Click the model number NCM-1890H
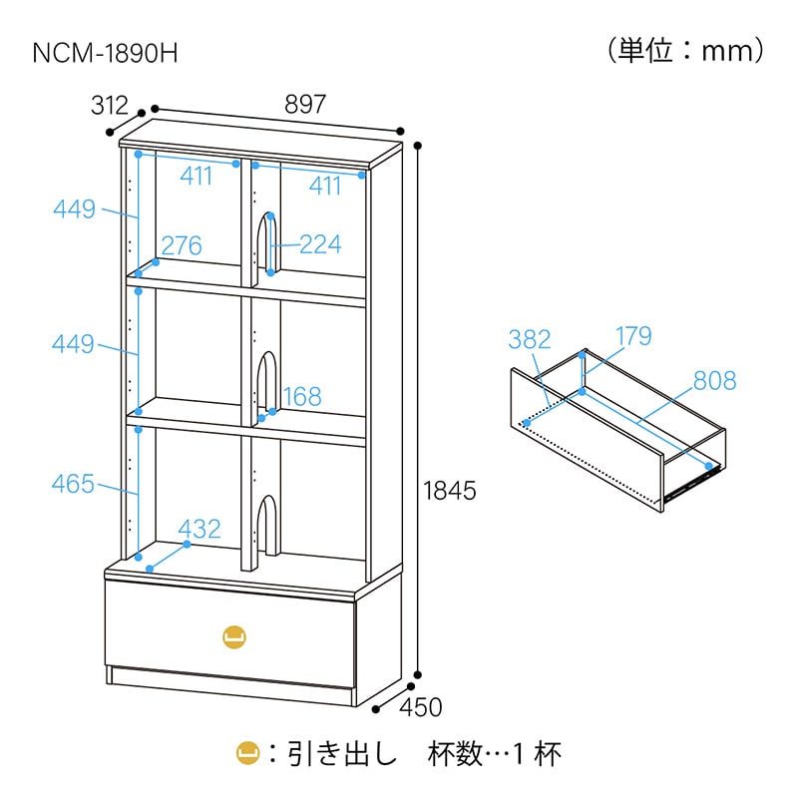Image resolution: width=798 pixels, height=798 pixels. pyautogui.click(x=105, y=53)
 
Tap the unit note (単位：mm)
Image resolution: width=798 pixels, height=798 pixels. pyautogui.click(x=685, y=51)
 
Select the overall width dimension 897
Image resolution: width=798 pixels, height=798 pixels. pyautogui.click(x=305, y=104)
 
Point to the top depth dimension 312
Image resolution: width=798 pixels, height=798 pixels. pyautogui.click(x=110, y=106)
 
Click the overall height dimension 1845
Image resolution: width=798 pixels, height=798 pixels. pyautogui.click(x=450, y=491)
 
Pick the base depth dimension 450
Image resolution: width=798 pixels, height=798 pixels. pyautogui.click(x=420, y=707)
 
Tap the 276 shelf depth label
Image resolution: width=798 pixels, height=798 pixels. pyautogui.click(x=182, y=245)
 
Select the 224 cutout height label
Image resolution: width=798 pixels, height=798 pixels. pyautogui.click(x=320, y=244)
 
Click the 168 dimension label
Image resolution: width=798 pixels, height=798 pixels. pyautogui.click(x=302, y=396)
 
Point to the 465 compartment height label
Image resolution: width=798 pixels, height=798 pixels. pyautogui.click(x=73, y=484)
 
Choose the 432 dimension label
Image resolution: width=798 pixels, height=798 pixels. pyautogui.click(x=199, y=529)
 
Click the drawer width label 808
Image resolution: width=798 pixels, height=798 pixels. pyautogui.click(x=714, y=381)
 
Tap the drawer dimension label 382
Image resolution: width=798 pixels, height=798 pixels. pyautogui.click(x=530, y=339)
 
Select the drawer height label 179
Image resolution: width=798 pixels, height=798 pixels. pyautogui.click(x=633, y=336)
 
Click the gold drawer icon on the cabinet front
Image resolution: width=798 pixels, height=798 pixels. pyautogui.click(x=234, y=636)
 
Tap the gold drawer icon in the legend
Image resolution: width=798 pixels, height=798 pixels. pyautogui.click(x=248, y=754)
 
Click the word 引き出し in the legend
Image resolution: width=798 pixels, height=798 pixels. pyautogui.click(x=342, y=754)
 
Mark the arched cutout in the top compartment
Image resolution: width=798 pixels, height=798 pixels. pyautogui.click(x=268, y=244)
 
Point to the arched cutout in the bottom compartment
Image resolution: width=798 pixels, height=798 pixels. pyautogui.click(x=268, y=526)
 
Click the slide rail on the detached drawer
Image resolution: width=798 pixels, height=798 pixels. pyautogui.click(x=692, y=482)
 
